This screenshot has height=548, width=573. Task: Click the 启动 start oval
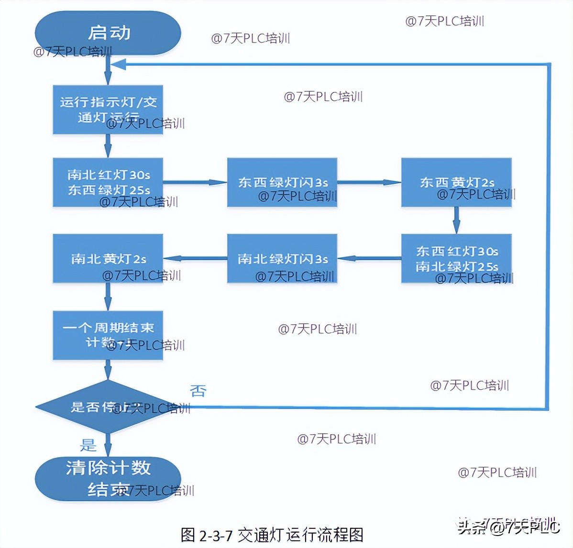[x=108, y=33]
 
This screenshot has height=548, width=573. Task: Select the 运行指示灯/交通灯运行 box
[x=108, y=110]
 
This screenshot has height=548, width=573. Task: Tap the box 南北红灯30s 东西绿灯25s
[x=108, y=182]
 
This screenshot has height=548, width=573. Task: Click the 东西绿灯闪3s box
[x=282, y=182]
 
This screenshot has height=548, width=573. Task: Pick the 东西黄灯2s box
[x=456, y=182]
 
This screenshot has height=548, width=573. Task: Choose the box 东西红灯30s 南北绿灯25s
[x=456, y=258]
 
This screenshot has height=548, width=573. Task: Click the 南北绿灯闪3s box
[x=282, y=258]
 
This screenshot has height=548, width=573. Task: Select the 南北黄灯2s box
[x=108, y=258]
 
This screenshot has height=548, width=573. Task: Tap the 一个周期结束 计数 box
[x=108, y=335]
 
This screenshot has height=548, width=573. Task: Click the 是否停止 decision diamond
[x=108, y=407]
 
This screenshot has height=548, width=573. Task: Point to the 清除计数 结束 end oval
[x=108, y=479]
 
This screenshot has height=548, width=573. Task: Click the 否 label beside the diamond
[x=198, y=391]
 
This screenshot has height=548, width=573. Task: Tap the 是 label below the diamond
[x=88, y=445]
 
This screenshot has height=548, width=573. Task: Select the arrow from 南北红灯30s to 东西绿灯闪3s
[x=195, y=182]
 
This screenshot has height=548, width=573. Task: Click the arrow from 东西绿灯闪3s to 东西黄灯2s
[x=369, y=182]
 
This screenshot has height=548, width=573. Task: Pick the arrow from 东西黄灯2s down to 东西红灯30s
[x=456, y=220]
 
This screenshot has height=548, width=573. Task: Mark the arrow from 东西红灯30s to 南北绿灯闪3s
[x=369, y=258]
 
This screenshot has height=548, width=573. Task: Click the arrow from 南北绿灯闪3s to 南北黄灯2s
[x=195, y=258]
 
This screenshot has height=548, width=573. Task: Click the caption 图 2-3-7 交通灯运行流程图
[x=272, y=535]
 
